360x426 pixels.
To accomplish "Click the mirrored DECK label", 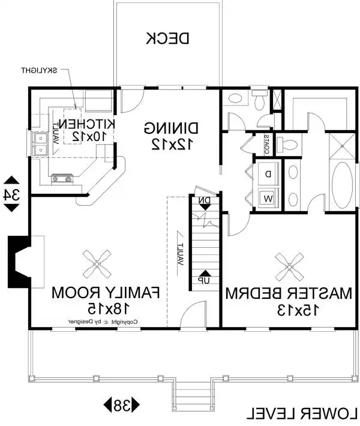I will coord(168,38).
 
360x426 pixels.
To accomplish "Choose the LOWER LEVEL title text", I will coord(302,413).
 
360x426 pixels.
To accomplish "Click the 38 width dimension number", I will coord(123,405).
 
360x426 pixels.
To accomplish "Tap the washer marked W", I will coord(268,197).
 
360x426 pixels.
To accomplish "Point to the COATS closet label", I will coord(266,143).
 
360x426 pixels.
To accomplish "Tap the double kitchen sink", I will coord(41,143).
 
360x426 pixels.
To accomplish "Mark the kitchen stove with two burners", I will coord(62,178).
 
